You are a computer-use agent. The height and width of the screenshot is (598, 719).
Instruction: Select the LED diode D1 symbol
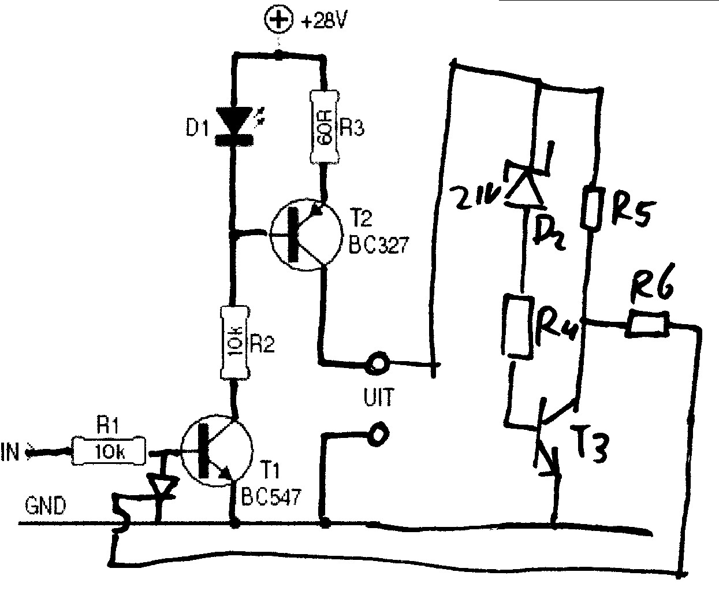(234, 125)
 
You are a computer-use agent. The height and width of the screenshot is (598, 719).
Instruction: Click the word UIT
(378, 397)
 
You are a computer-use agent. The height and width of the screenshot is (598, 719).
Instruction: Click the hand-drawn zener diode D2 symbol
(524, 185)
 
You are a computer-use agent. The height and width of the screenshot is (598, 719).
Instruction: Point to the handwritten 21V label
(476, 196)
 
